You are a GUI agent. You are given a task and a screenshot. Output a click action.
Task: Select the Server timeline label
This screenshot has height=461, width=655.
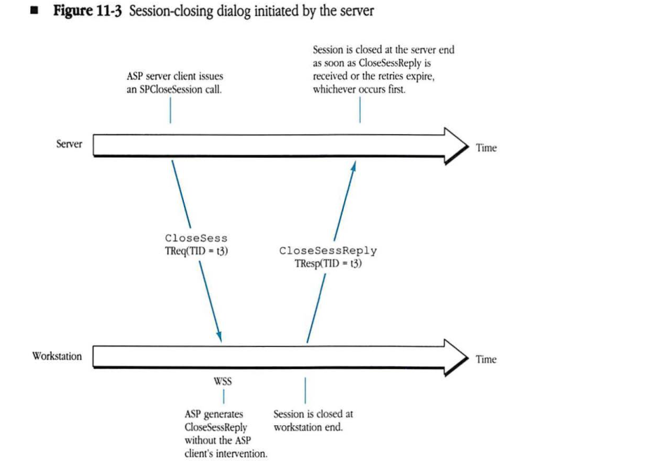[69, 144]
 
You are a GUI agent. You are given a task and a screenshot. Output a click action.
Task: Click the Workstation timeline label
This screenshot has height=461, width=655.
[57, 356]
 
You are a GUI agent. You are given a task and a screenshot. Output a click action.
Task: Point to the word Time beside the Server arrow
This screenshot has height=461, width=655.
[486, 148]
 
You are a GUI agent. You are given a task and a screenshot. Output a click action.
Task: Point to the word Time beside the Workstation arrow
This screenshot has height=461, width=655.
[486, 359]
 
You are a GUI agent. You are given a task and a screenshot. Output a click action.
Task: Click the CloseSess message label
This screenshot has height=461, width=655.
[196, 239]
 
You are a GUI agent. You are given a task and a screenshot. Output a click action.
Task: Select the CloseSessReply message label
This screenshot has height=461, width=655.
[328, 250]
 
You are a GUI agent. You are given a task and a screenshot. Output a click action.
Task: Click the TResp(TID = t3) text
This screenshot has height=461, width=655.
[328, 265]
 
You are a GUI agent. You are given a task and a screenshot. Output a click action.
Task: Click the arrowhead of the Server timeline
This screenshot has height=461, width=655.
[456, 143]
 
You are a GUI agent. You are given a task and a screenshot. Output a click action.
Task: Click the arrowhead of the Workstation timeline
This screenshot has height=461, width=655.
[456, 355]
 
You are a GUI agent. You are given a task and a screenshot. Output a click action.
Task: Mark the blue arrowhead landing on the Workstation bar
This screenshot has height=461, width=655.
[220, 336]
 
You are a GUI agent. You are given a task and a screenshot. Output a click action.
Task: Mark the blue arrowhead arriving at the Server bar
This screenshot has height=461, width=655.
[355, 165]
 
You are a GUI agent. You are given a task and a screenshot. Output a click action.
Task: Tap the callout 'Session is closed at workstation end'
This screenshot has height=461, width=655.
[312, 421]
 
